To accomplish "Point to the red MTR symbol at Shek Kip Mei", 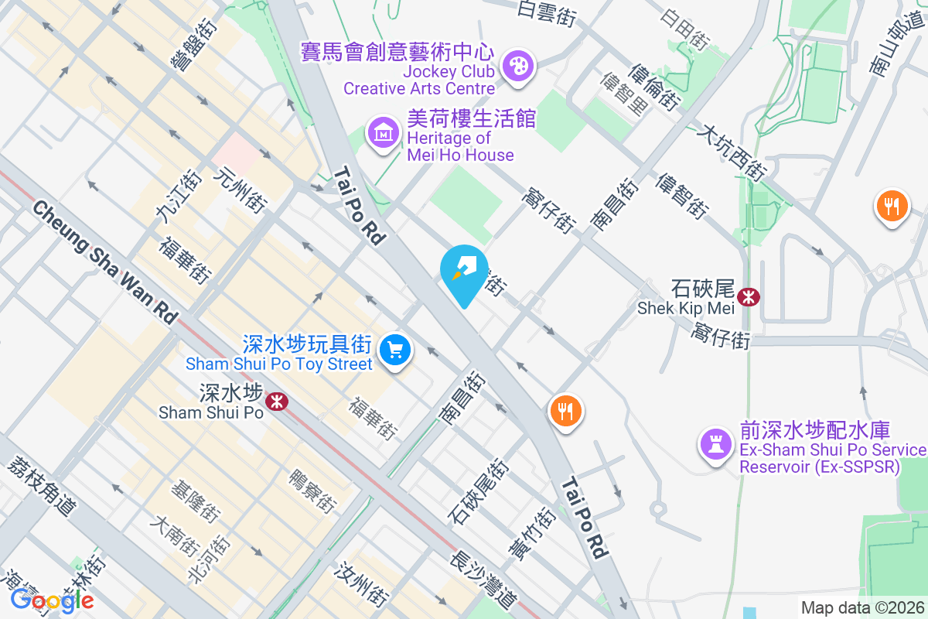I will click(748, 296).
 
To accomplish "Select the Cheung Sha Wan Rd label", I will click(105, 262).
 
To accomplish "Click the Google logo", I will click(52, 600).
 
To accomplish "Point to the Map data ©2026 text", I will click(862, 607).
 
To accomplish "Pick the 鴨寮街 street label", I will click(312, 491).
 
